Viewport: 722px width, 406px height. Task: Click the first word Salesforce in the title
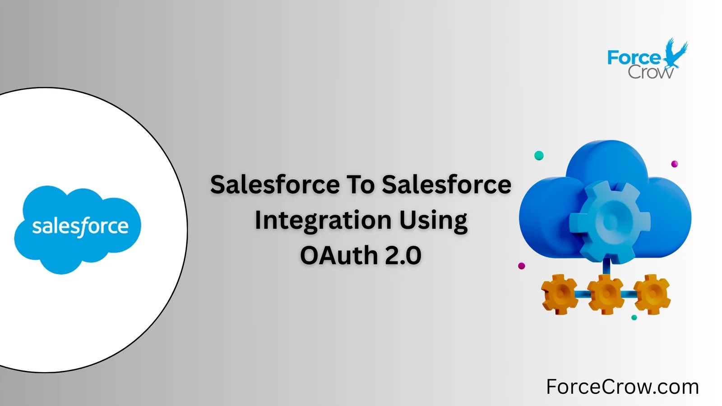click(275, 185)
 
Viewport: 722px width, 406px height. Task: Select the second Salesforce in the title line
click(446, 185)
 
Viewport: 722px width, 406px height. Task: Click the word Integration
click(323, 221)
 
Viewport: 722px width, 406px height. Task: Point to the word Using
click(433, 221)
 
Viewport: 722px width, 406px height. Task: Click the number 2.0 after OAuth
click(403, 255)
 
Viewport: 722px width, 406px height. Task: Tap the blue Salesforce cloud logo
click(78, 228)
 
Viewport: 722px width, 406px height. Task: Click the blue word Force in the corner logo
click(634, 58)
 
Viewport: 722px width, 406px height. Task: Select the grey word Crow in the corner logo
click(650, 72)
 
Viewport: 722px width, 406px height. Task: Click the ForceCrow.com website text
click(622, 387)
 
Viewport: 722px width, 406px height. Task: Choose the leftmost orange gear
click(560, 294)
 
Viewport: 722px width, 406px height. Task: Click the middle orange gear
click(606, 294)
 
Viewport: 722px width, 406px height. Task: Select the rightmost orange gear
click(652, 294)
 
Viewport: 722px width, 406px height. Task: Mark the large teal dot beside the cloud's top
click(539, 156)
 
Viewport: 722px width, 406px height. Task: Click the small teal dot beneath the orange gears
click(634, 318)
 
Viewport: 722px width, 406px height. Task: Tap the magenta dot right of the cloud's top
click(675, 164)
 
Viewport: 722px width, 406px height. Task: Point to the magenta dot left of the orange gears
click(522, 266)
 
